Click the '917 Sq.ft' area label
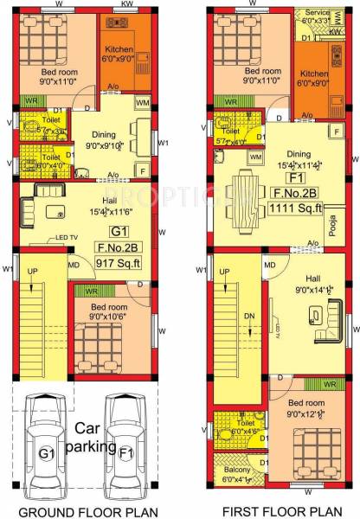(x=119, y=265)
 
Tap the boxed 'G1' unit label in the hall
(x=119, y=231)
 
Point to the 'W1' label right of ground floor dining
(x=163, y=144)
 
